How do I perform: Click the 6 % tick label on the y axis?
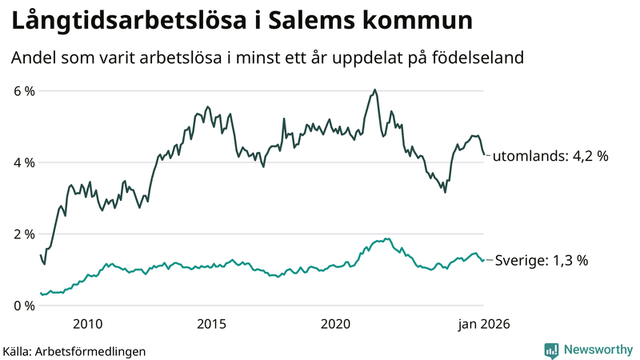pyautogui.click(x=24, y=91)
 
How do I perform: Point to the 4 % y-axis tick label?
pyautogui.click(x=24, y=162)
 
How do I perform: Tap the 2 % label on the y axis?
pyautogui.click(x=24, y=234)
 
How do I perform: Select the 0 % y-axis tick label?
pyautogui.click(x=24, y=306)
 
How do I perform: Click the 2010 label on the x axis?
pyautogui.click(x=87, y=324)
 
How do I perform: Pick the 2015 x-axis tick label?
pyautogui.click(x=211, y=324)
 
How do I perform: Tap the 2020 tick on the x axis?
pyautogui.click(x=335, y=324)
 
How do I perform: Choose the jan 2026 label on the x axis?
pyautogui.click(x=482, y=324)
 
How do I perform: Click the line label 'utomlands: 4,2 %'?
pyautogui.click(x=550, y=157)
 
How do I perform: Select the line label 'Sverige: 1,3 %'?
pyautogui.click(x=542, y=260)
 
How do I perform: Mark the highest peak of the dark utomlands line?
pyautogui.click(x=374, y=90)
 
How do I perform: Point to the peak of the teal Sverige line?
pyautogui.click(x=387, y=238)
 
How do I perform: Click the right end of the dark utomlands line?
pyautogui.click(x=483, y=155)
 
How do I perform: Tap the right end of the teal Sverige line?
pyautogui.click(x=483, y=259)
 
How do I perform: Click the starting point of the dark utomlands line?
pyautogui.click(x=41, y=255)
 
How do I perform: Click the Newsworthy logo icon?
pyautogui.click(x=551, y=350)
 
